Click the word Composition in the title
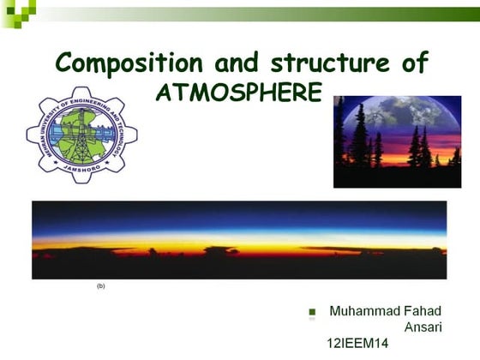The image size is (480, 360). click(126, 63)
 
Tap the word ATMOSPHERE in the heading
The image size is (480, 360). click(239, 92)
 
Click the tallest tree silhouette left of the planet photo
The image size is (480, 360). click(357, 133)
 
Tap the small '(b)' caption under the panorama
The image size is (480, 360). click(100, 285)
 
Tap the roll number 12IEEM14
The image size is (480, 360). click(357, 344)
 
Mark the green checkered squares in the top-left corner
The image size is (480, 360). click(18, 9)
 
